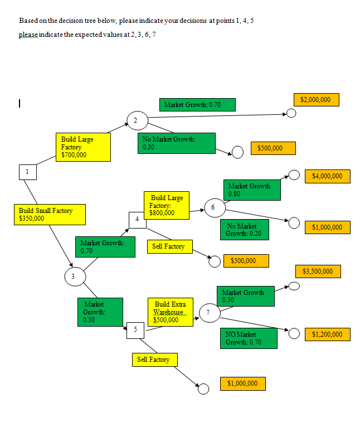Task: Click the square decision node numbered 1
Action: [27, 172]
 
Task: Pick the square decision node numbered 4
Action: [137, 220]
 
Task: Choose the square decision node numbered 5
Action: [135, 329]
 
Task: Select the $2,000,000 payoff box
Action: [315, 100]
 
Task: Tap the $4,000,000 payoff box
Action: [327, 176]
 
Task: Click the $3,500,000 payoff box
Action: [318, 271]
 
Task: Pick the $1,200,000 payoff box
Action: [327, 334]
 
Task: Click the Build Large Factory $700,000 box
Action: [83, 147]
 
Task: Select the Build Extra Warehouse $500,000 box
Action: [171, 312]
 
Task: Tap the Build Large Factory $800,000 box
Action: [167, 205]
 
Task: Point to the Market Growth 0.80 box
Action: [252, 190]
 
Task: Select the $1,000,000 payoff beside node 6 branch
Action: [327, 227]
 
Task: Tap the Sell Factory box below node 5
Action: [153, 360]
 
